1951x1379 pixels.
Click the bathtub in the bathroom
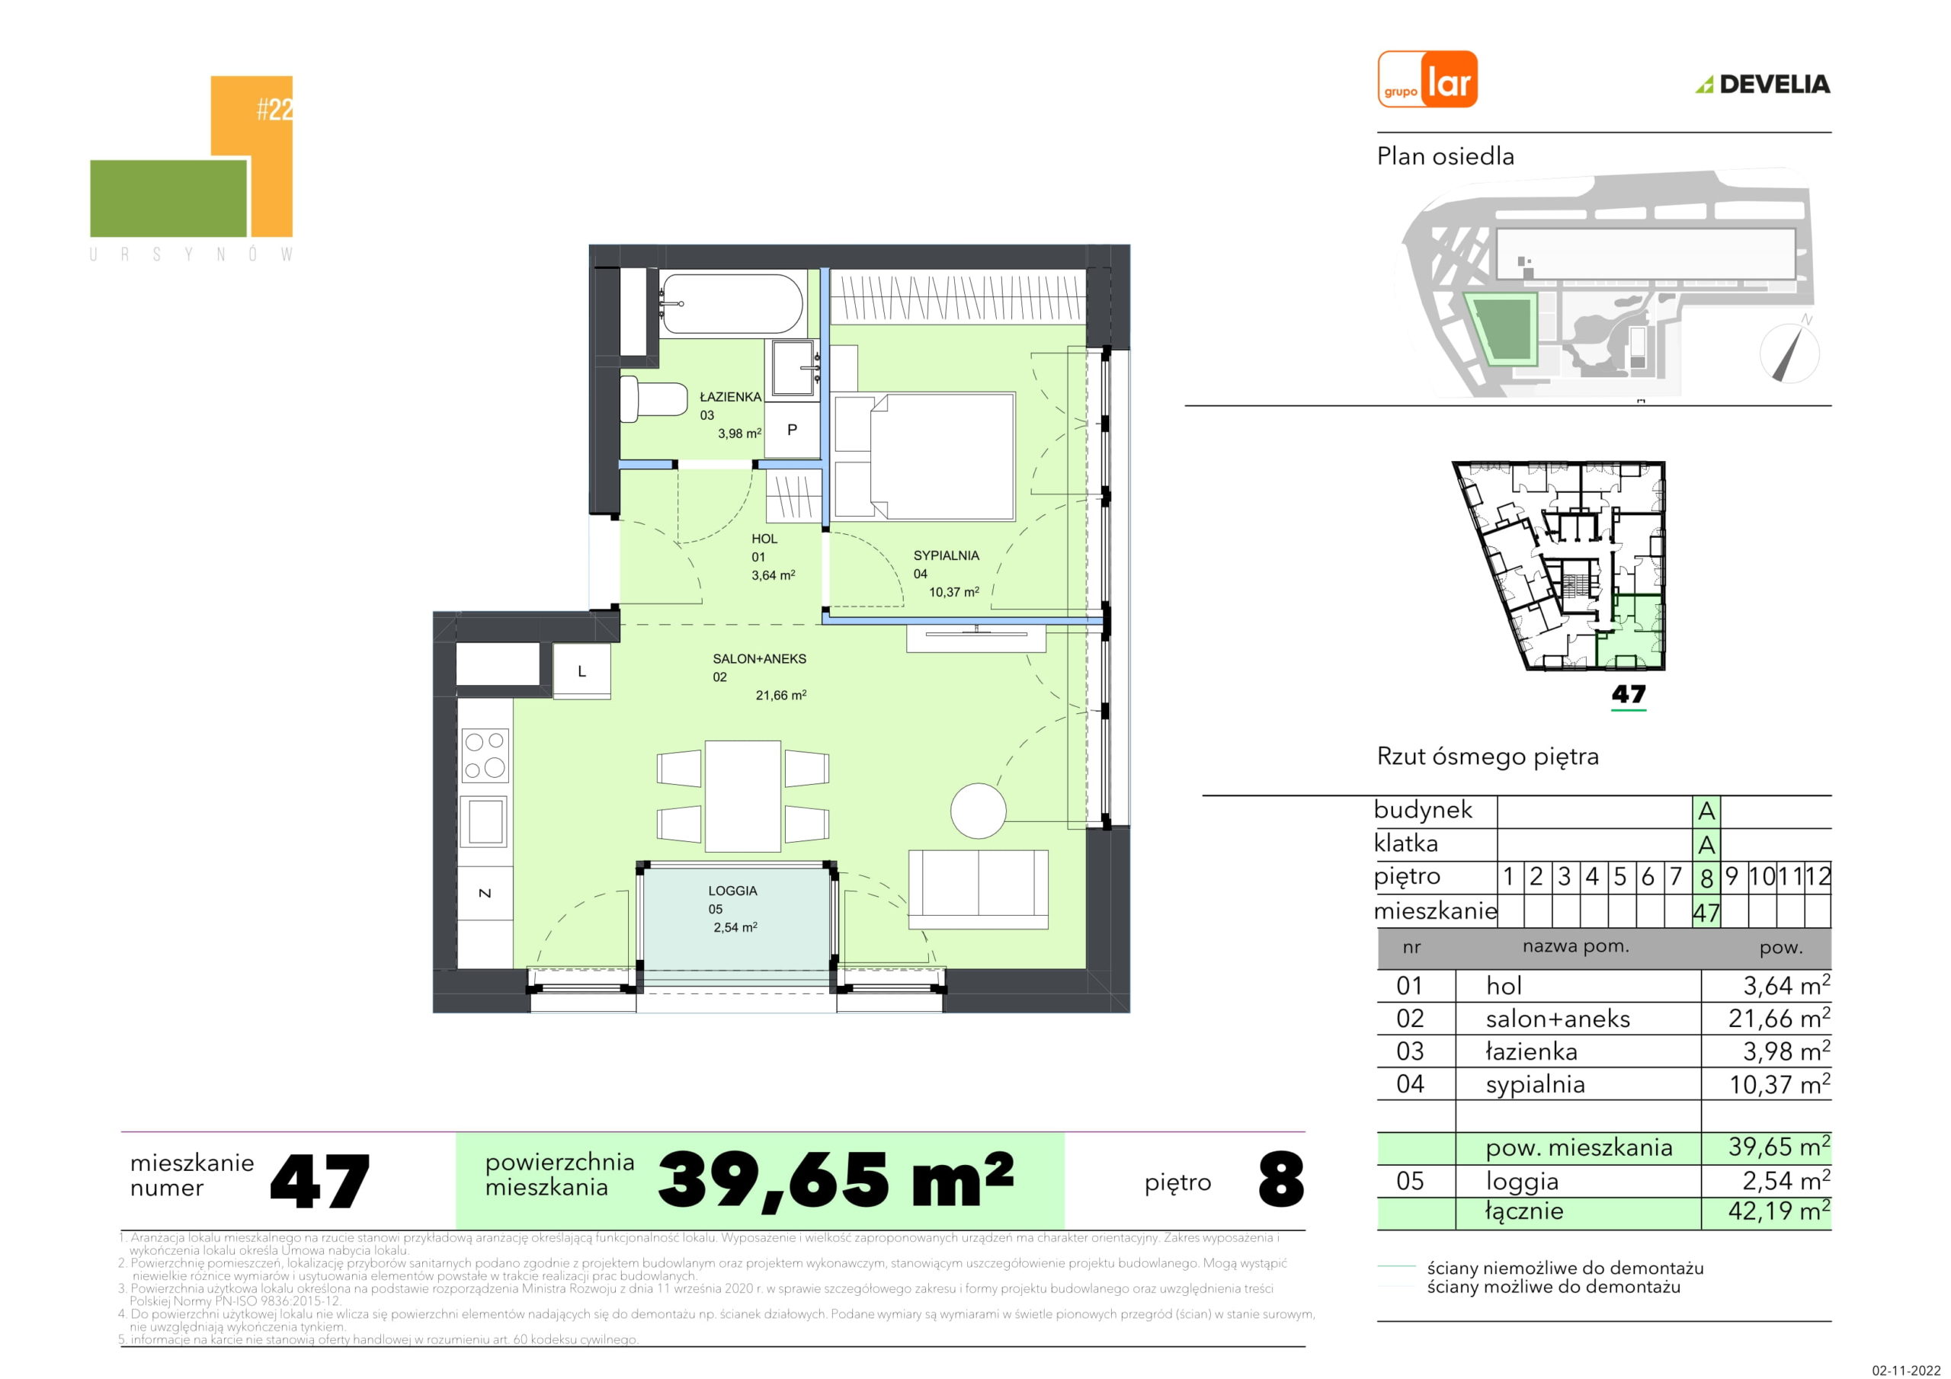pos(731,303)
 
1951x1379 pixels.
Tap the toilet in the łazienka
pos(652,398)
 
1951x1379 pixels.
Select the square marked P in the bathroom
pos(792,430)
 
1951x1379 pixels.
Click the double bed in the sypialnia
pos(925,456)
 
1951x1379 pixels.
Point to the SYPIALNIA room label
pos(946,555)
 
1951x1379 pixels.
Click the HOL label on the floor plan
pos(764,539)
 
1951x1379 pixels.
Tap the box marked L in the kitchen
pos(582,671)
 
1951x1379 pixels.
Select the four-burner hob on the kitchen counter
pos(485,755)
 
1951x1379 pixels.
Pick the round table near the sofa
pos(978,811)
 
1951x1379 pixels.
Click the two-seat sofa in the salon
pos(978,889)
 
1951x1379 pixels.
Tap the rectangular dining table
pos(742,796)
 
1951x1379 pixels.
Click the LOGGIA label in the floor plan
pos(732,891)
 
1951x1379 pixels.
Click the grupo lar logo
pos(1427,79)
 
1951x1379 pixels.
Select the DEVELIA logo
pos(1764,84)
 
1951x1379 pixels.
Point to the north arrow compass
pos(1789,353)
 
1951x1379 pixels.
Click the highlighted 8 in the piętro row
pos(1706,877)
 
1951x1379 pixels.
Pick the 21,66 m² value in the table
pos(1779,1018)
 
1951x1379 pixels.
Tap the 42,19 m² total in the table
pos(1779,1211)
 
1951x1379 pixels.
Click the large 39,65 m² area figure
pos(836,1180)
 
